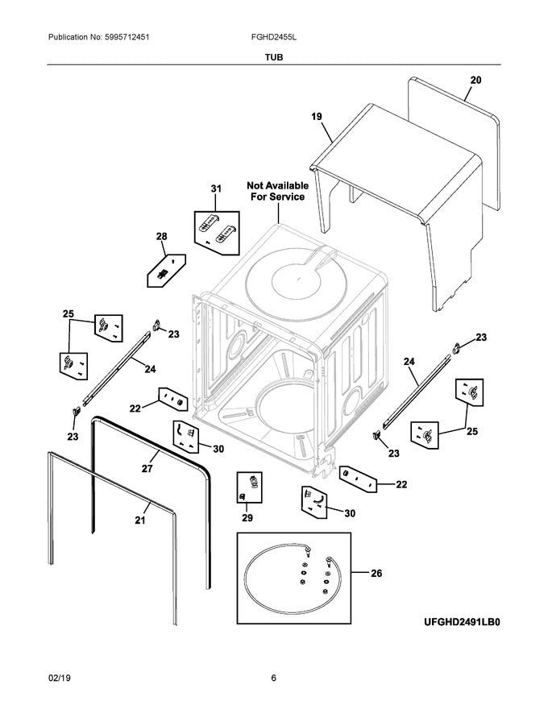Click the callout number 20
(x=475, y=80)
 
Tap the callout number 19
(x=317, y=117)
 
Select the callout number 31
(x=215, y=189)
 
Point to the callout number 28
(x=161, y=236)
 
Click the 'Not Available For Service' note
(x=276, y=191)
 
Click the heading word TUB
(x=274, y=58)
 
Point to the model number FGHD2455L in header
(x=276, y=38)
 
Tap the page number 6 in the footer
(x=274, y=678)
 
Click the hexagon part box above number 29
(x=251, y=485)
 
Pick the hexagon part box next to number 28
(x=166, y=269)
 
